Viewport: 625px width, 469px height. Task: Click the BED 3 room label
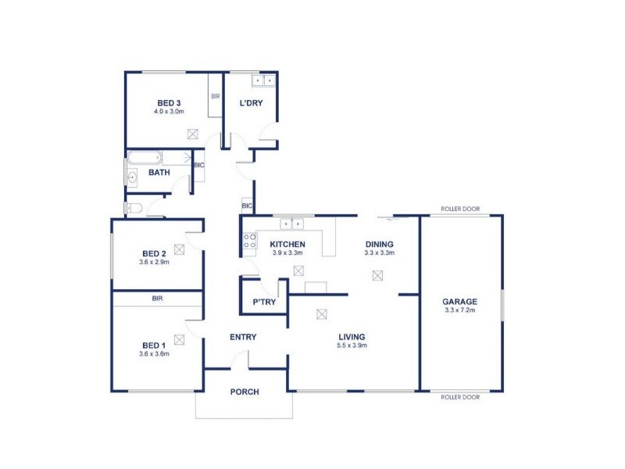pos(169,103)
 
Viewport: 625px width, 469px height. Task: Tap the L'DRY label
pos(250,103)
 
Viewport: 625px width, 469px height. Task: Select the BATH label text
pos(159,172)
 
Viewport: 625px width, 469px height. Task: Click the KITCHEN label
pos(287,244)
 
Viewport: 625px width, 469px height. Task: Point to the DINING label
pos(379,244)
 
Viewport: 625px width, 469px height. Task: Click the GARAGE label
pos(459,302)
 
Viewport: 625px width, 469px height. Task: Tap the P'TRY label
pos(262,303)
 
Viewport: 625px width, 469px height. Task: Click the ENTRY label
pos(243,337)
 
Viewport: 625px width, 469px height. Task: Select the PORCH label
pos(244,392)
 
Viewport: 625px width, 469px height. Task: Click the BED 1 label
pos(154,345)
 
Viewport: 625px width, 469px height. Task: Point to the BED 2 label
pos(154,252)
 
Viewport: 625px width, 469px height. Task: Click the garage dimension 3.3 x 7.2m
pos(459,310)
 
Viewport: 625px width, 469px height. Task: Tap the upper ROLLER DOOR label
pos(459,209)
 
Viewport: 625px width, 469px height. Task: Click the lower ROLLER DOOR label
pos(459,397)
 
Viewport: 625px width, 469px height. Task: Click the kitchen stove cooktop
pos(250,242)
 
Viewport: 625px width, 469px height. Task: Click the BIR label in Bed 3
pos(216,97)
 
